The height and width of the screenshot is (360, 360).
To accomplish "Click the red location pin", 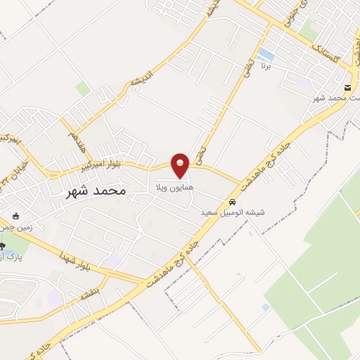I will [x=181, y=165].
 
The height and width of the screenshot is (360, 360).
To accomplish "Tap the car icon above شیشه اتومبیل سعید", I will [x=233, y=202].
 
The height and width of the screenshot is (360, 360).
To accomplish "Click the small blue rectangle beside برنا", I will [x=266, y=53].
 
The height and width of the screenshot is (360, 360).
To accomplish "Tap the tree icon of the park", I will [x=2, y=245].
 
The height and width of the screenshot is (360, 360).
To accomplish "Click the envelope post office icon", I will [x=348, y=88].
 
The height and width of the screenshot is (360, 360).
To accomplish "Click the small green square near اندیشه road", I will [x=83, y=89].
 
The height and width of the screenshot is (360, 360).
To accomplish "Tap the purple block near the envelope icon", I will [x=307, y=83].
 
